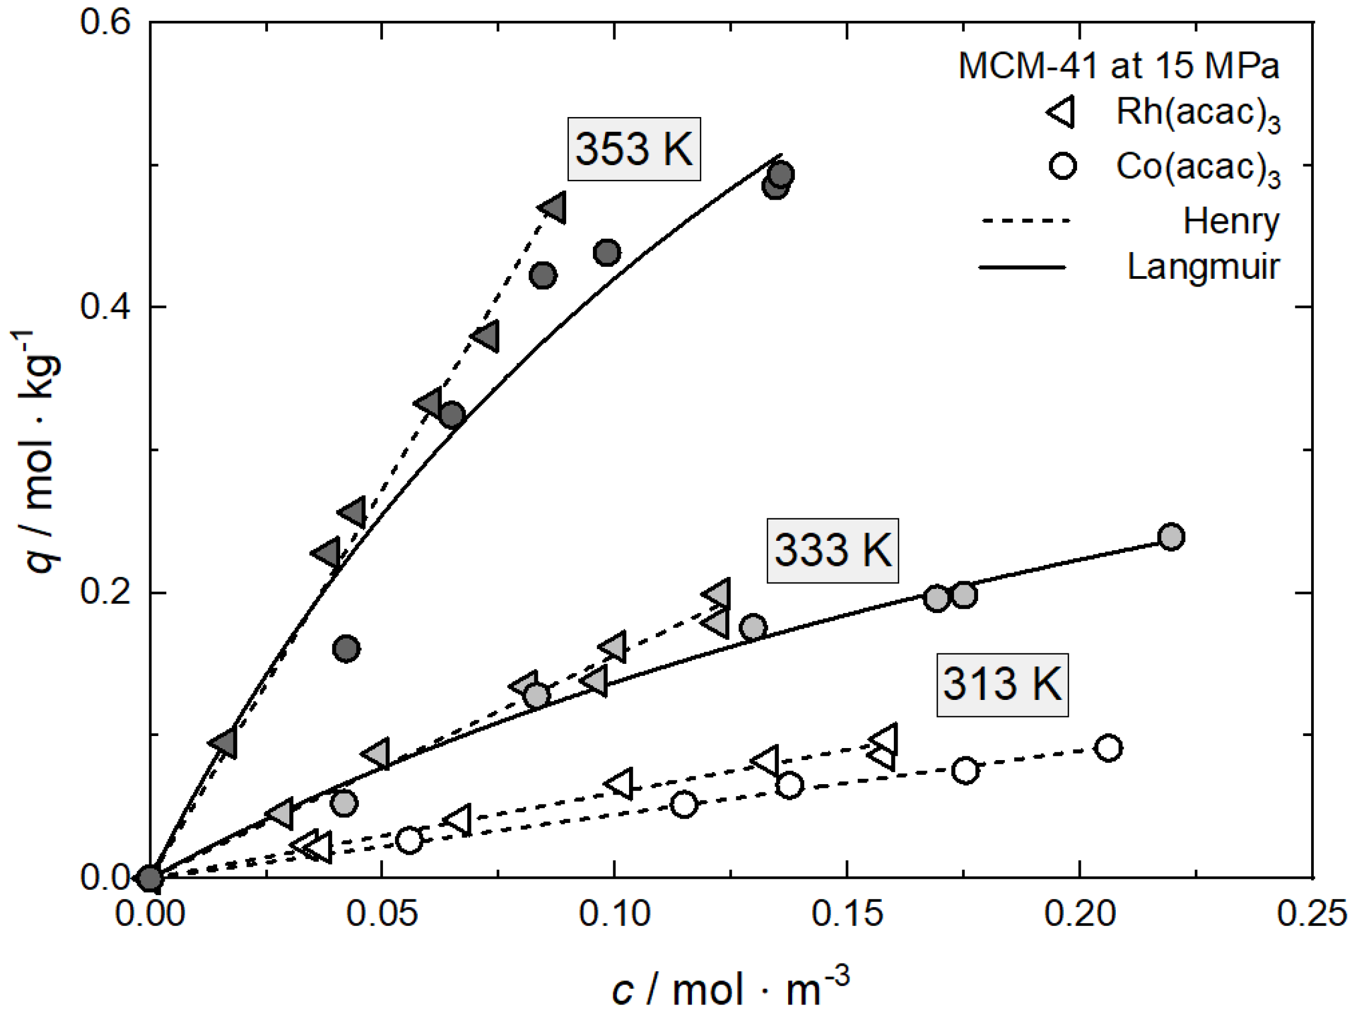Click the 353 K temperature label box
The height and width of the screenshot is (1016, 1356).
(633, 149)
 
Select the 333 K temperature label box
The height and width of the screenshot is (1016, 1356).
(833, 550)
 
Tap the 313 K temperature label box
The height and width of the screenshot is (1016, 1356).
(1002, 684)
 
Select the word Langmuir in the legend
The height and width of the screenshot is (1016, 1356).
(1203, 267)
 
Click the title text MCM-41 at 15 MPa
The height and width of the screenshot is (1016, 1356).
(1118, 65)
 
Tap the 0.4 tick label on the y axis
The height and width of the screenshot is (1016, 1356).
(105, 306)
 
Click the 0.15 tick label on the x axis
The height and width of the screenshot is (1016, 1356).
(847, 914)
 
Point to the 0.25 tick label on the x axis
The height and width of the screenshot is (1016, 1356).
(1311, 914)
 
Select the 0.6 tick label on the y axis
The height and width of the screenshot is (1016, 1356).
(105, 22)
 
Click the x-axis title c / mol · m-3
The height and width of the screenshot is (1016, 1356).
(730, 987)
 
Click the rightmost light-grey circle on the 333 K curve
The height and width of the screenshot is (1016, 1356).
(1171, 537)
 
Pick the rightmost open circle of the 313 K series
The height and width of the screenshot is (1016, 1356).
(1108, 748)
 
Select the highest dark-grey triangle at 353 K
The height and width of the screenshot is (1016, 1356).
(554, 208)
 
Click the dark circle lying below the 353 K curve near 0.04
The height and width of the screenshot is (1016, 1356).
(346, 649)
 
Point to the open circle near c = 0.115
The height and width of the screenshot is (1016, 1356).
(684, 804)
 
